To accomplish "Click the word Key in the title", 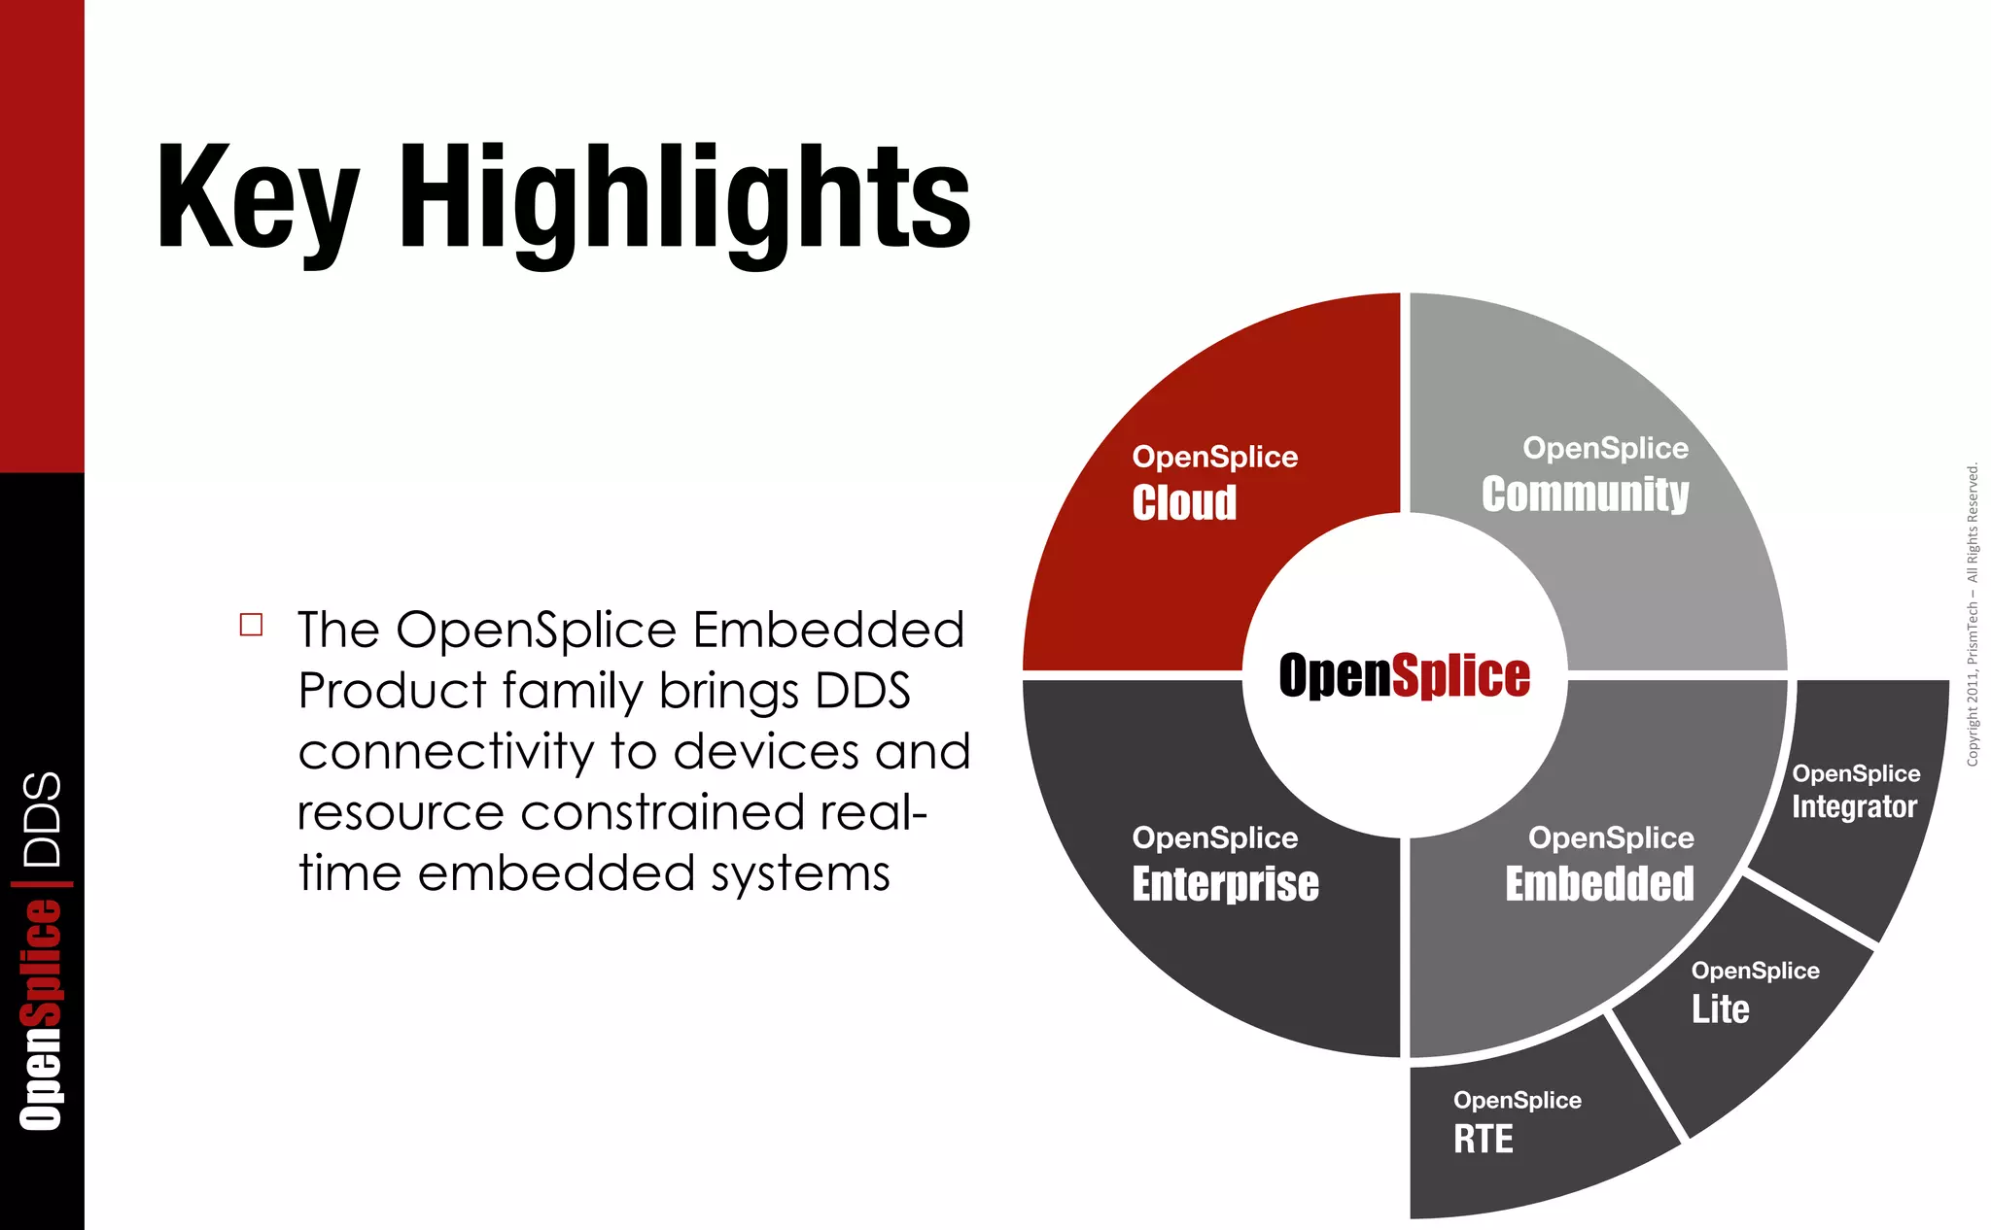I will (257, 199).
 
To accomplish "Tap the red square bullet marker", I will (251, 625).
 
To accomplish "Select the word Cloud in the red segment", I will (1184, 502).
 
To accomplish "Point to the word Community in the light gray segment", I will (1585, 494).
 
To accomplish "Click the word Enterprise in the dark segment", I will (1225, 883).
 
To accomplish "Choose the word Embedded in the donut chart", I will (1599, 883).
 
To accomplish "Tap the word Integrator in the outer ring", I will (1854, 806).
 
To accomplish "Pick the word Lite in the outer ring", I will (1720, 1008).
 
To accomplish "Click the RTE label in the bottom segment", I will (1483, 1139).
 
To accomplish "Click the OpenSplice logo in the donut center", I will (1404, 675).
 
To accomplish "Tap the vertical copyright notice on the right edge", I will (1973, 614).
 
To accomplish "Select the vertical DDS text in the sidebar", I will (43, 819).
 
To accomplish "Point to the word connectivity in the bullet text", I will (445, 751).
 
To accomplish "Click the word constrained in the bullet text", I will (662, 812).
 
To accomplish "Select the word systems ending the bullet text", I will (799, 873).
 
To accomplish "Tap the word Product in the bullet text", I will (391, 691).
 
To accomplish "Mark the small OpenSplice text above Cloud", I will (1214, 457).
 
